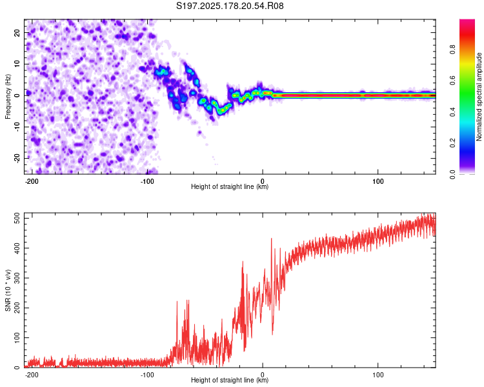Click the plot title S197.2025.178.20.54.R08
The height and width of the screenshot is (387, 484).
230,6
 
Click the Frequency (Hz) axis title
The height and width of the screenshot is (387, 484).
8,97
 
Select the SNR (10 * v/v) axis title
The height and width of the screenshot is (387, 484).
8,290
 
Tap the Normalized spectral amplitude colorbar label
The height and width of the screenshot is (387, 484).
479,97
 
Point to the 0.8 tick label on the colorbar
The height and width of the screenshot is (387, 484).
452,50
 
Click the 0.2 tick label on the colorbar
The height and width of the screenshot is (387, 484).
452,143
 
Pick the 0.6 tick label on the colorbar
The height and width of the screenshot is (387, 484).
452,81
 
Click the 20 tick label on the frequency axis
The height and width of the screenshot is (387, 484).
17,33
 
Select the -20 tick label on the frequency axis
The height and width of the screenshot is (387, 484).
17,158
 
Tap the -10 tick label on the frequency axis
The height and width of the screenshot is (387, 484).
17,127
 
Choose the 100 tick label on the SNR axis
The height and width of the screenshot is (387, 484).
17,337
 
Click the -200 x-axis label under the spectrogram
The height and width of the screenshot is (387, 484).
31,181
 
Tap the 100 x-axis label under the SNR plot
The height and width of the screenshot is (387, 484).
378,375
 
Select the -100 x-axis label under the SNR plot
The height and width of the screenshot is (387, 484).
146,375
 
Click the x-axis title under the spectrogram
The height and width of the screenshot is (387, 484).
230,186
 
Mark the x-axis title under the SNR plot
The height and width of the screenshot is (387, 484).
230,380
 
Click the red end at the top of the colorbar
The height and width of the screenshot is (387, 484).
467,21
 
